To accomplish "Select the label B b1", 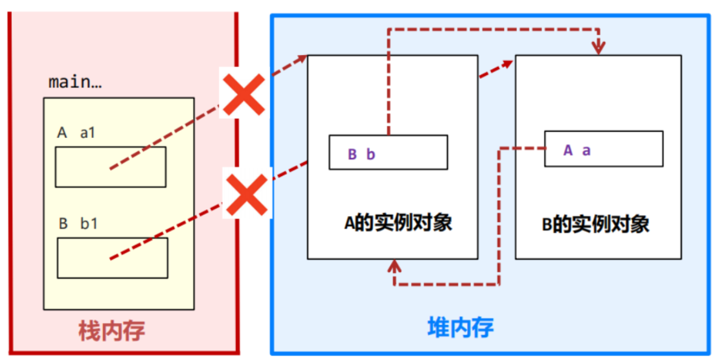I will [78, 224].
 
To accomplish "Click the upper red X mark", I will [243, 95].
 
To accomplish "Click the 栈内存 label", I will [112, 330].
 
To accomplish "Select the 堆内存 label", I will [461, 327].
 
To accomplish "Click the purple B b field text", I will [361, 154].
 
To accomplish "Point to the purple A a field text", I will [576, 151].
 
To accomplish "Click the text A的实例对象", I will [398, 223].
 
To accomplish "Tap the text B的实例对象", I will [596, 224].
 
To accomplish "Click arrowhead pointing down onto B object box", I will [599, 48].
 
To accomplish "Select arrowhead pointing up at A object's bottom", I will [395, 265].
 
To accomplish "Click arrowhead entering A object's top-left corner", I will [302, 58].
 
